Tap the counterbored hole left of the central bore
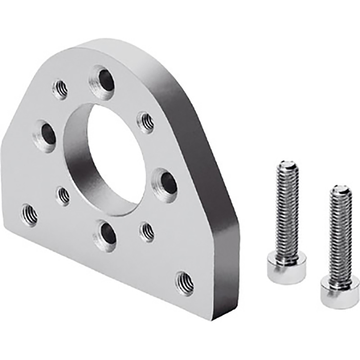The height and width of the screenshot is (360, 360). (x=46, y=135)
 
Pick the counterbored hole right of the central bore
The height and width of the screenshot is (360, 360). (x=166, y=183)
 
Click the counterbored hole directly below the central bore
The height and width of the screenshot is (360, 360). (x=106, y=235)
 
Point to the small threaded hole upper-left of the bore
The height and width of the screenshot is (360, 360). (x=60, y=88)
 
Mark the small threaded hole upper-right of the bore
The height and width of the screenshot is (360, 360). (x=147, y=122)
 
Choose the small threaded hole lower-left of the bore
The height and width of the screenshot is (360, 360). (x=63, y=195)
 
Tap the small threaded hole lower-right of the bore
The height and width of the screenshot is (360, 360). (x=147, y=231)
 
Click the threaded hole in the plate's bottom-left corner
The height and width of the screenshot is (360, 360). (x=29, y=214)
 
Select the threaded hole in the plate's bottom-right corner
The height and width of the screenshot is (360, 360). (x=185, y=282)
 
